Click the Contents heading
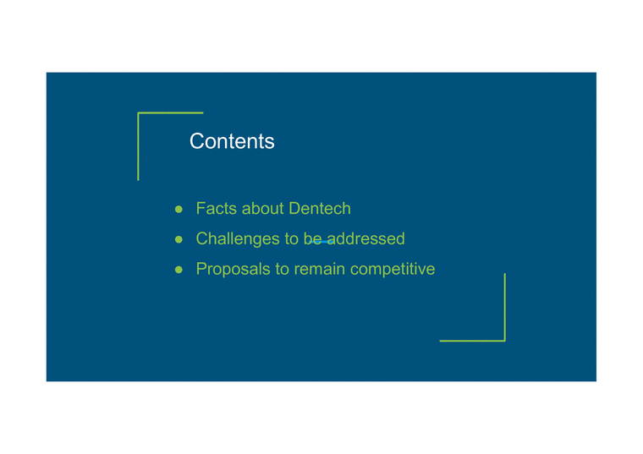coord(232,141)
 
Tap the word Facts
coord(216,209)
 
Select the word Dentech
coord(319,209)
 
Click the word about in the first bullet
coord(262,209)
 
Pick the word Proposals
coord(233,270)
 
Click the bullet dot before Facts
coord(179,209)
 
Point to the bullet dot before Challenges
coord(179,239)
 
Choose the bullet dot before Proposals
coord(179,270)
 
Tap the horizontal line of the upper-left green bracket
coord(171,112)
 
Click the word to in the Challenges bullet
coord(290,239)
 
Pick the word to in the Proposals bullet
coord(282,270)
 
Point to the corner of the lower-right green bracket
coord(504,341)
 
